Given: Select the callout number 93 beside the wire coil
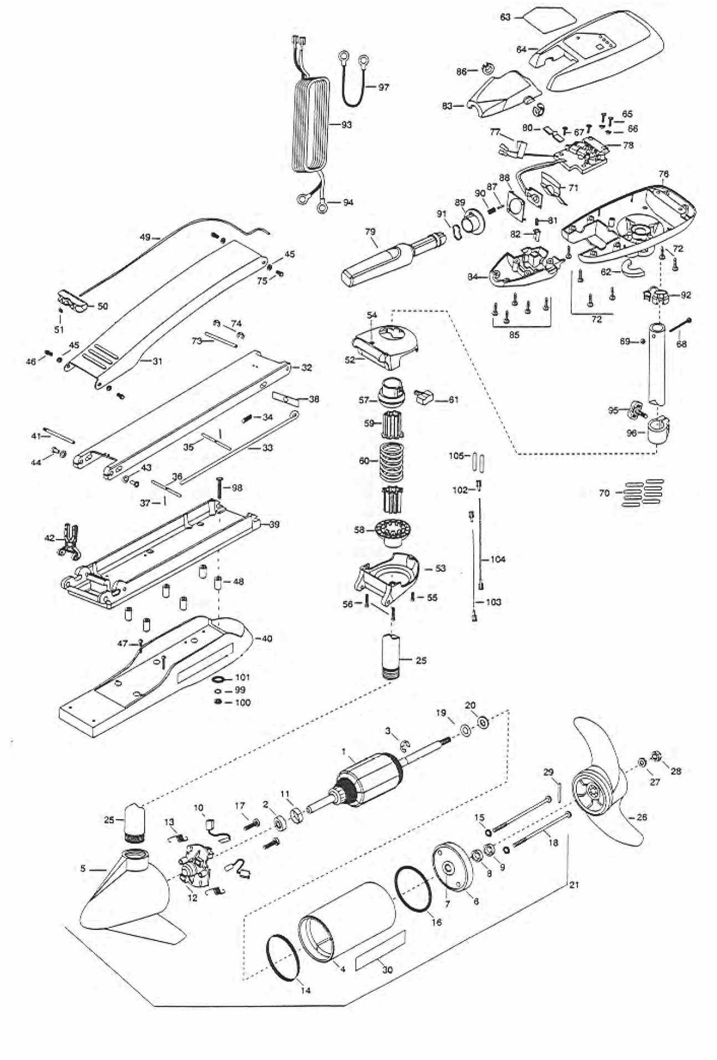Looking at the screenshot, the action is [x=346, y=125].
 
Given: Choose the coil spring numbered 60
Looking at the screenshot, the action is [x=392, y=461].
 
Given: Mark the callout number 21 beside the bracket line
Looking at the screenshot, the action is [x=573, y=885].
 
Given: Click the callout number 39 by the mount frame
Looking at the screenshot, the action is [x=274, y=524].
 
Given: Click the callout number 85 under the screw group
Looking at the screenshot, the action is [x=514, y=335].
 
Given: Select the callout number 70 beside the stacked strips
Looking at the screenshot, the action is [x=604, y=493].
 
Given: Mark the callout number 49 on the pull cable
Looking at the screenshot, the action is [x=145, y=237].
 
